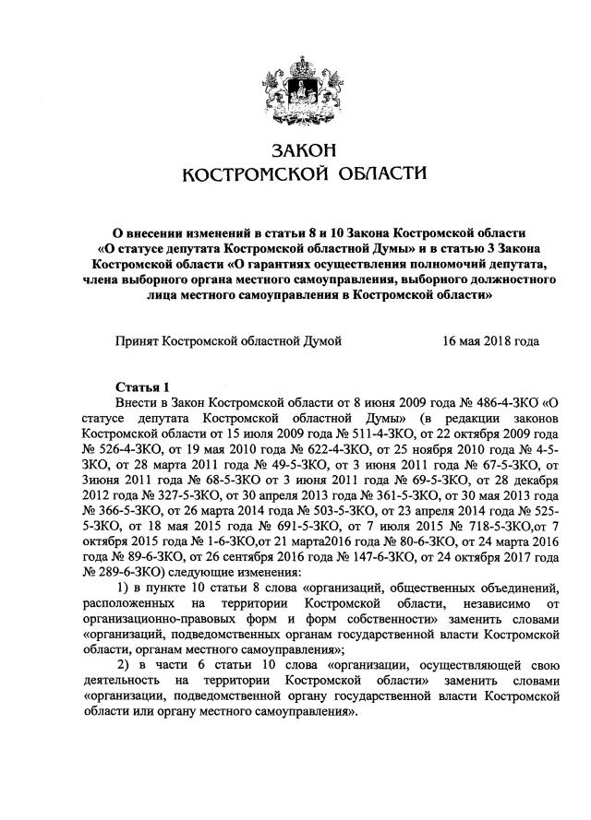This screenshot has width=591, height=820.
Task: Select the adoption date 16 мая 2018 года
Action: pos(491,340)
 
